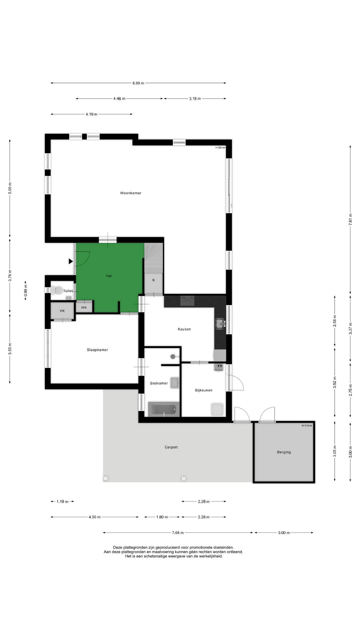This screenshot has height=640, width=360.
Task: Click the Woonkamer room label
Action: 131,193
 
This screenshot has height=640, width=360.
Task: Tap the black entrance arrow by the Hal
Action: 71,261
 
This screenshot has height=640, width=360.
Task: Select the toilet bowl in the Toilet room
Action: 58,290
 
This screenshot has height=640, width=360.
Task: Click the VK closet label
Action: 62,311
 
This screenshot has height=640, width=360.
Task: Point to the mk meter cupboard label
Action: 84,307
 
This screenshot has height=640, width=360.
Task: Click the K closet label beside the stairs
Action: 154,280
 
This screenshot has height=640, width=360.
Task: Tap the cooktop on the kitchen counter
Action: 187,301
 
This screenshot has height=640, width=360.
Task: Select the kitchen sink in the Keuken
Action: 220,323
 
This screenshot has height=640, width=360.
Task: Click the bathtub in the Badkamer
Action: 164,409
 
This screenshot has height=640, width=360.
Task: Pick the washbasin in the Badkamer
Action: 174,383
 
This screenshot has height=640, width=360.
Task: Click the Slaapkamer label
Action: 97,350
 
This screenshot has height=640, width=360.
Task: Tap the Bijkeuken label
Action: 204,390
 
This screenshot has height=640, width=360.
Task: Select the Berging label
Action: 284,452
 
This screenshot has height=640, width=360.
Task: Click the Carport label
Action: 171,447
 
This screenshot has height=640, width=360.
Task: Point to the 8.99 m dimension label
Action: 138,83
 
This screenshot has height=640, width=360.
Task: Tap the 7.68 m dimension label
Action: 178,533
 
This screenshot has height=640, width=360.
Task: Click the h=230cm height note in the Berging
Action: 307,426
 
